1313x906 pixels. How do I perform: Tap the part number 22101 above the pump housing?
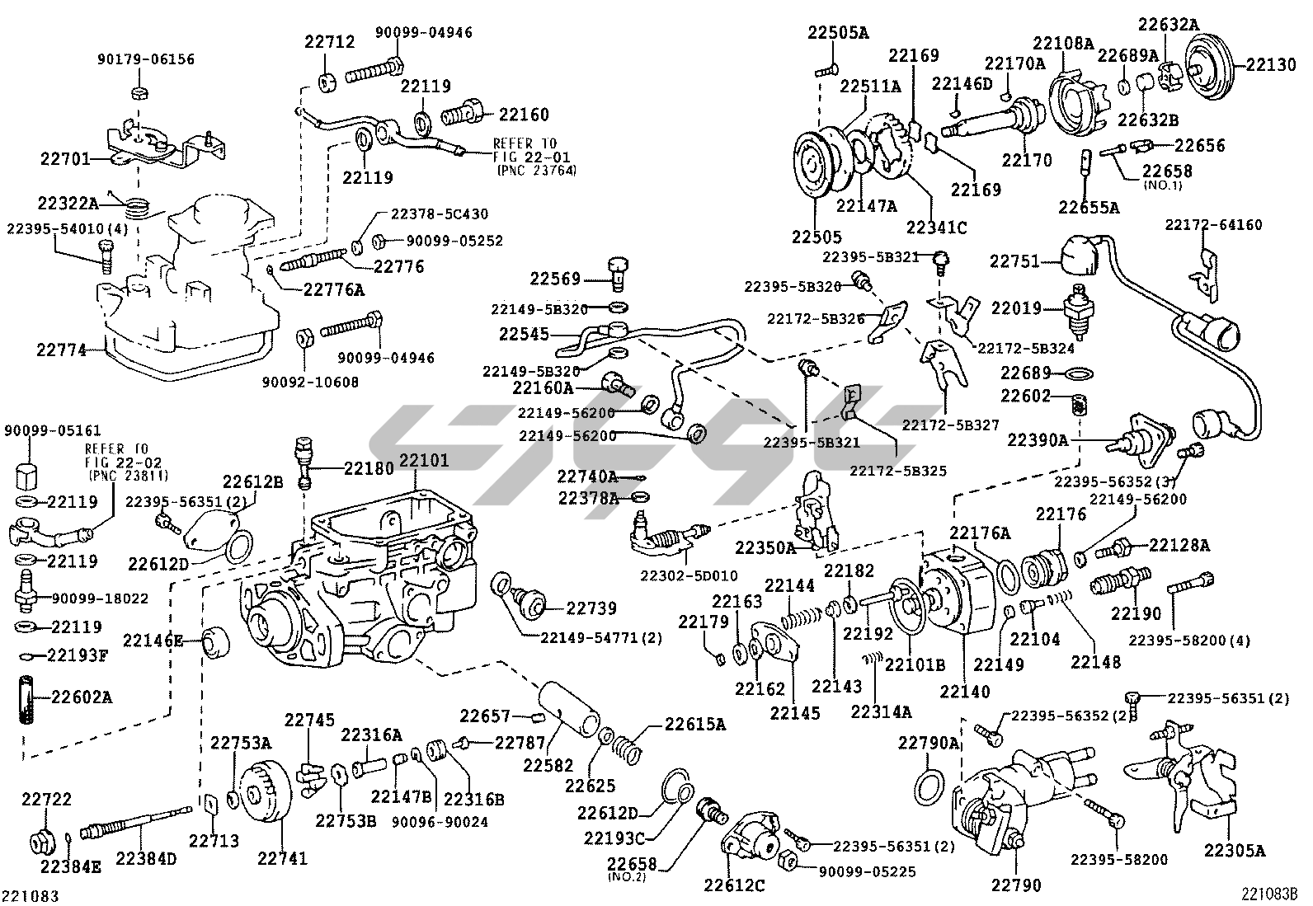(x=424, y=460)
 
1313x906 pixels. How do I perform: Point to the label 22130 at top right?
(x=1271, y=64)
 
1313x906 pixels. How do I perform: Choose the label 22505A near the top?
(x=838, y=33)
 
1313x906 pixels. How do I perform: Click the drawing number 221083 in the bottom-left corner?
(x=34, y=894)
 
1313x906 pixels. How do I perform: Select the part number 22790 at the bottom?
(x=1016, y=885)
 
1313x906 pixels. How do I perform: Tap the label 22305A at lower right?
(x=1234, y=850)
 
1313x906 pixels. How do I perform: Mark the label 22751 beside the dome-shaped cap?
(x=1013, y=261)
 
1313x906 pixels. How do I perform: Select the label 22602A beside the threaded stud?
(x=82, y=697)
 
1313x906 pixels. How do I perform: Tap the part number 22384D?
(x=146, y=859)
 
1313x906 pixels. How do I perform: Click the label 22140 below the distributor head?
(x=963, y=692)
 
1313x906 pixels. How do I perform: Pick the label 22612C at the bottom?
(x=734, y=885)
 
